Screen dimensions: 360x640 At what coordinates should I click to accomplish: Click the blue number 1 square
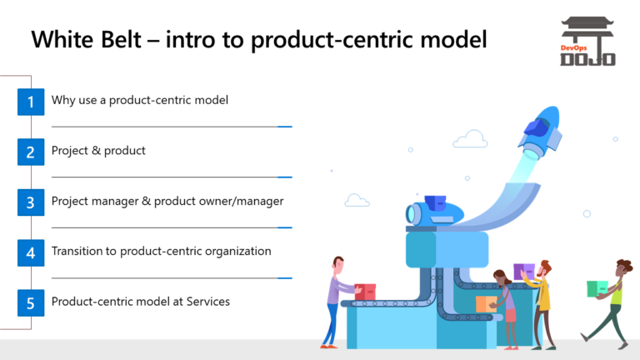click(30, 102)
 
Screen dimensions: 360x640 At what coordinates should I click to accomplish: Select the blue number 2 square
click(30, 152)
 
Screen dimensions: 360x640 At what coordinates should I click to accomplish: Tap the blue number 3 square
click(30, 202)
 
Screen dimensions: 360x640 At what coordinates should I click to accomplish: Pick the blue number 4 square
click(30, 252)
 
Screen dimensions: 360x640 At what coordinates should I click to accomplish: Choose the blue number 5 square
click(30, 302)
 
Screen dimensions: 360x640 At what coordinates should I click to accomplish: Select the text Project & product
click(98, 151)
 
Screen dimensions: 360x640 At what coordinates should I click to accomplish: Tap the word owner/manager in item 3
click(242, 201)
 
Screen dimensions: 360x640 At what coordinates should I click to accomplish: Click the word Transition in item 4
click(79, 251)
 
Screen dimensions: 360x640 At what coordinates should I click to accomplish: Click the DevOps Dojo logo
click(587, 42)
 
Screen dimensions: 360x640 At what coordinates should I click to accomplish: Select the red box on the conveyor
click(365, 292)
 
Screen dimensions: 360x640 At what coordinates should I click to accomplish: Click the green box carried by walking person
click(597, 288)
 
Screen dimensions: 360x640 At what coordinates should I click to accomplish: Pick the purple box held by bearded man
click(524, 272)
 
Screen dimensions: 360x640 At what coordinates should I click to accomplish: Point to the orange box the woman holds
click(484, 302)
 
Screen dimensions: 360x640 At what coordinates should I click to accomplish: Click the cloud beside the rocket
click(471, 139)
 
